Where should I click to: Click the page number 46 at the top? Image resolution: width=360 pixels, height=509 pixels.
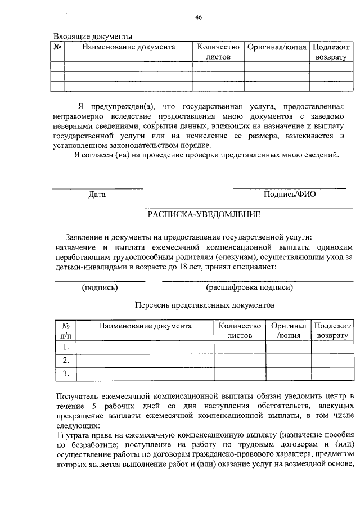tap(199, 17)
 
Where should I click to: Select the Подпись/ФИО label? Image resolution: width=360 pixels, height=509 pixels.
tap(290, 195)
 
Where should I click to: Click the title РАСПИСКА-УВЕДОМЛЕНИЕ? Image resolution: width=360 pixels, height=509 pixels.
tap(204, 214)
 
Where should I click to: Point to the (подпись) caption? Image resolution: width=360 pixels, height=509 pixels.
tap(100, 287)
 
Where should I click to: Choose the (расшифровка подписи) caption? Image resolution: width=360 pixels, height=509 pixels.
tap(249, 287)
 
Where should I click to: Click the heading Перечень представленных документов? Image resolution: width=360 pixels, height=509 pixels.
tap(205, 305)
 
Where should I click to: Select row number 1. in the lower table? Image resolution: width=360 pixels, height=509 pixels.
tap(66, 346)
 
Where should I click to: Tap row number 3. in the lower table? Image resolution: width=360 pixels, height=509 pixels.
tap(66, 373)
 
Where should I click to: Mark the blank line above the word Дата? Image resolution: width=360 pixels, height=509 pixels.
tap(97, 188)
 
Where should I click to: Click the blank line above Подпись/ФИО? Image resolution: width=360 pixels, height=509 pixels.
tap(289, 188)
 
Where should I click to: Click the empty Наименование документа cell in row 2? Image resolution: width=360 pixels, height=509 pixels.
tap(145, 360)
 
